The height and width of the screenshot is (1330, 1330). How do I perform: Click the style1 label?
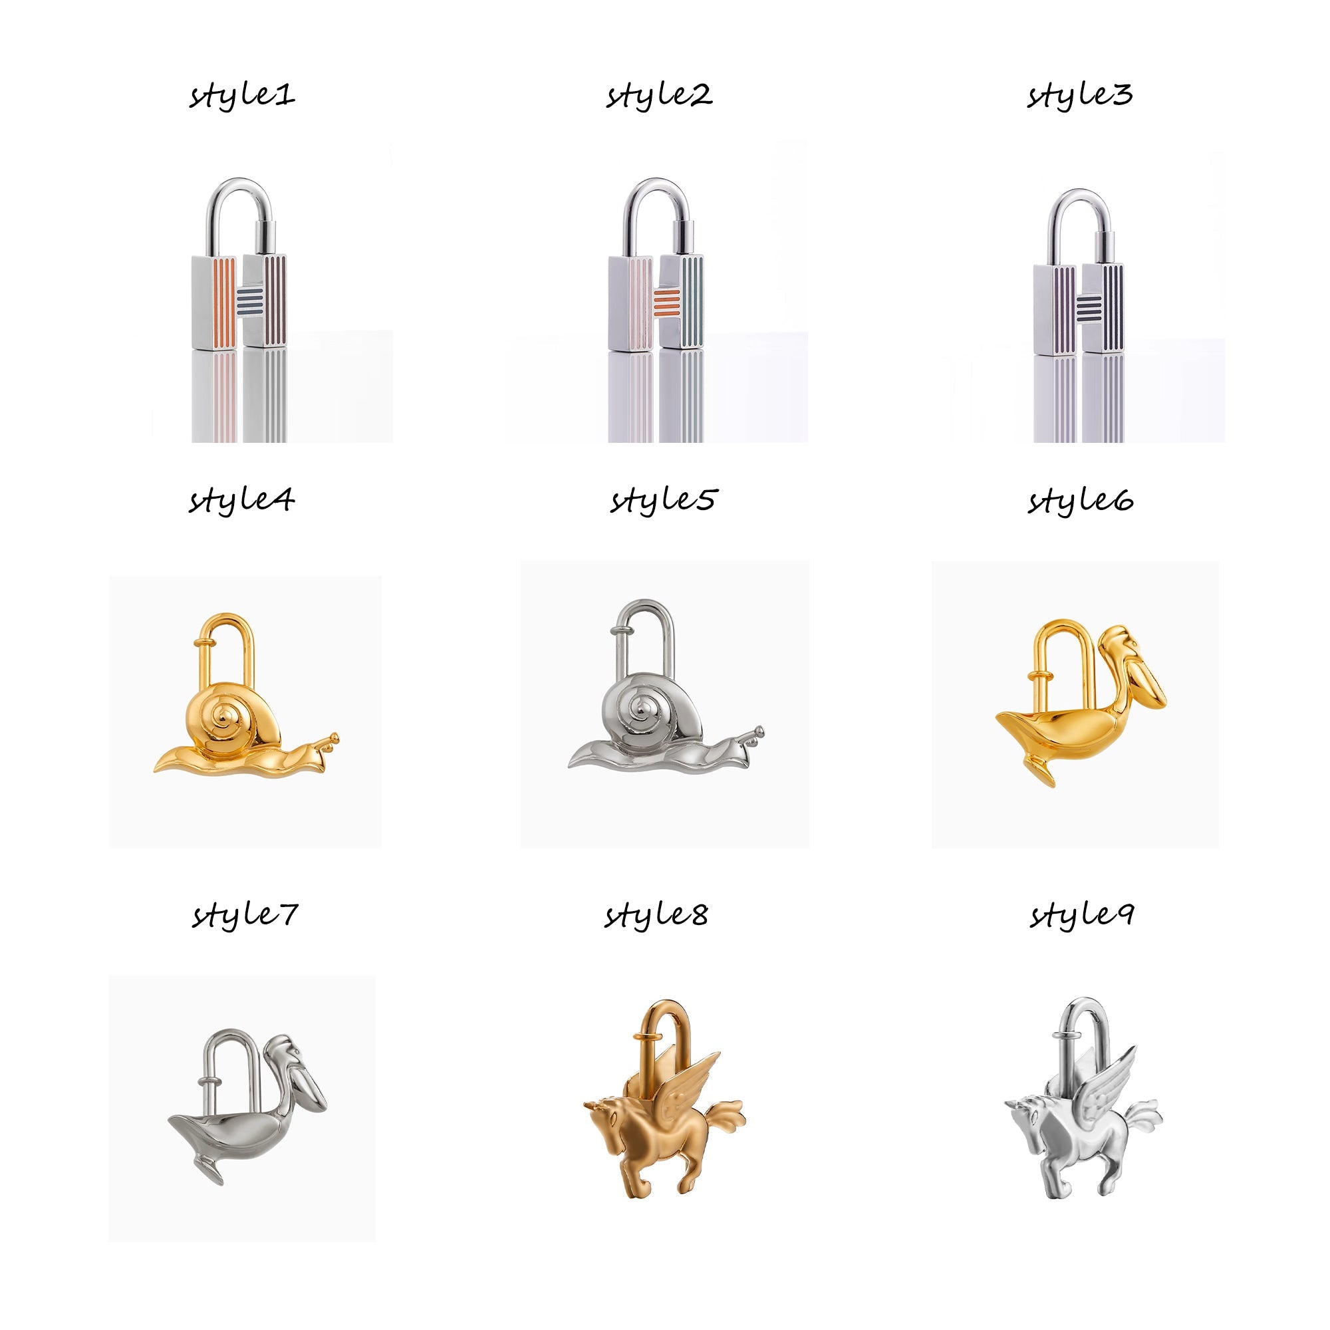[242, 95]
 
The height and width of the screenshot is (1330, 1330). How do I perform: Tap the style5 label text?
[663, 501]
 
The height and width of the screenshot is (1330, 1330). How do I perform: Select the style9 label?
[1081, 916]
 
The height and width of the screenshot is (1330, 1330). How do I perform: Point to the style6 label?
[1081, 501]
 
